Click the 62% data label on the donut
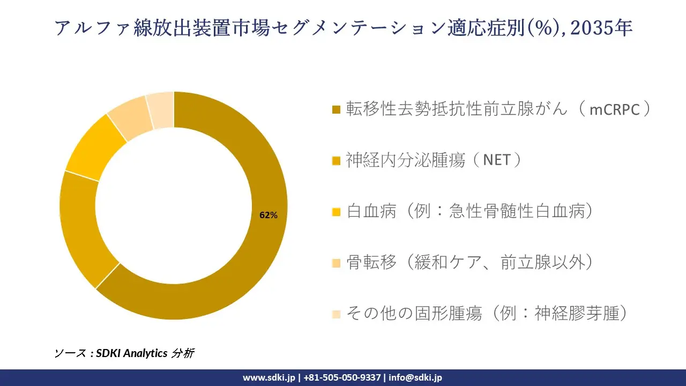[269, 216]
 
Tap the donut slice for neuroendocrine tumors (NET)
[80, 231]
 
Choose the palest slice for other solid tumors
[160, 110]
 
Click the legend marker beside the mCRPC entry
[337, 110]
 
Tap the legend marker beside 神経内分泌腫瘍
[337, 161]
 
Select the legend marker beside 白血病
[337, 212]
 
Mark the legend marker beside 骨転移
[337, 263]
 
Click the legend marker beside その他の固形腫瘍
[337, 314]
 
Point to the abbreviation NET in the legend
[496, 160]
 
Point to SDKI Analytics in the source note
[132, 353]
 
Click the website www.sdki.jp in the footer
[269, 377]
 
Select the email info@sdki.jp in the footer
[415, 377]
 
